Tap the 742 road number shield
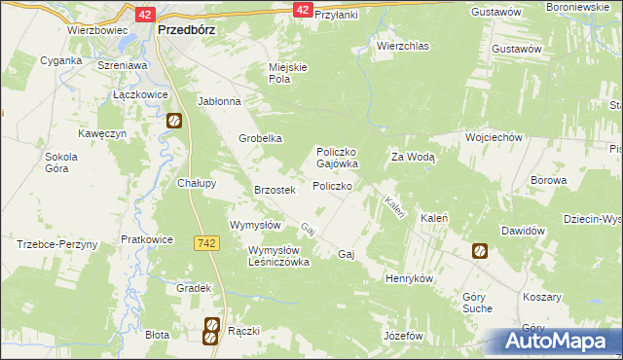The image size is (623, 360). [205, 242]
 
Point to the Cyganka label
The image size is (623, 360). [60, 59]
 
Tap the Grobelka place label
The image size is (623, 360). [261, 138]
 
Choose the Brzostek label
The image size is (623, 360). [274, 190]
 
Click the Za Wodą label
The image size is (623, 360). [413, 156]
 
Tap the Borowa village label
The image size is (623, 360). [548, 180]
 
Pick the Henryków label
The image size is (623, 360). [409, 277]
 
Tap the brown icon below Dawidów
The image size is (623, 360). [480, 251]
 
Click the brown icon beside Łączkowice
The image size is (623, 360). [174, 122]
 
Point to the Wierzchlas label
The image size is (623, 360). [404, 45]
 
